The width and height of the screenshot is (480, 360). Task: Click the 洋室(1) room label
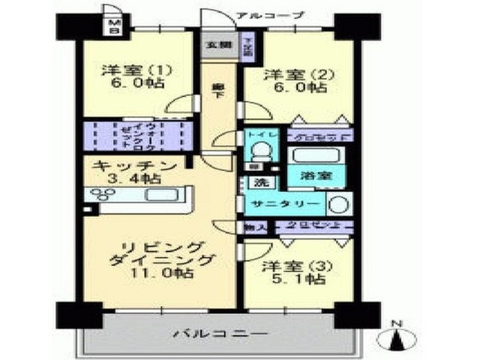(137, 71)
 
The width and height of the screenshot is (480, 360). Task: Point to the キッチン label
(135, 165)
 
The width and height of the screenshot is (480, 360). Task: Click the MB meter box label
(114, 28)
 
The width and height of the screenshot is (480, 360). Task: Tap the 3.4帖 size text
(135, 178)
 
